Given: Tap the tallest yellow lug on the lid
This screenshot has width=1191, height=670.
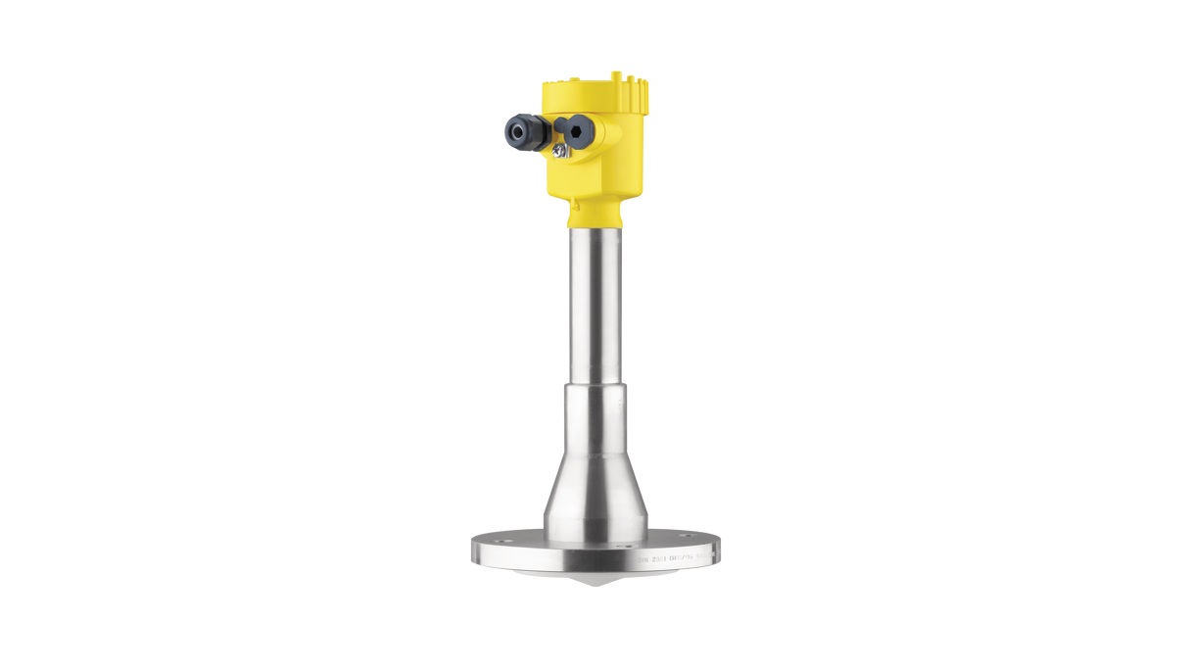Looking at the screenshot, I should (x=615, y=75).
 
